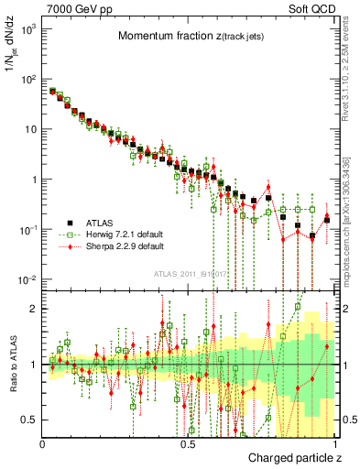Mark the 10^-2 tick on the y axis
point(27,279)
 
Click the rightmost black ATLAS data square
point(327,219)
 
